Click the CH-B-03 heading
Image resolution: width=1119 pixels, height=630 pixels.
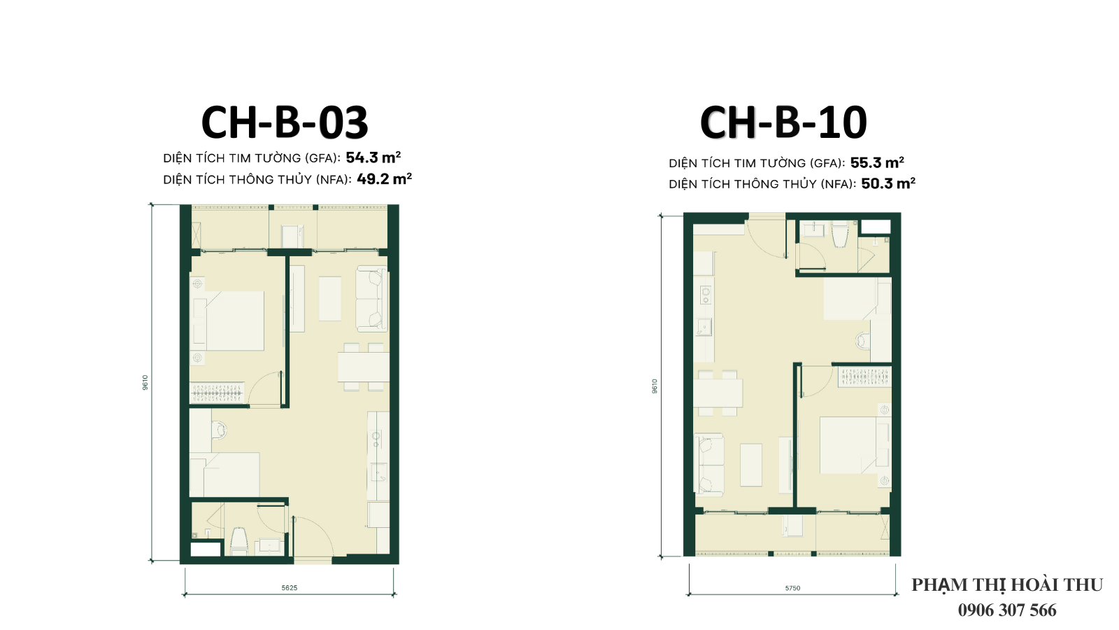click(285, 122)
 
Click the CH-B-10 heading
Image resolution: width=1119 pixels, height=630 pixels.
click(783, 122)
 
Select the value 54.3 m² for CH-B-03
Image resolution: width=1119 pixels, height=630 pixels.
click(373, 157)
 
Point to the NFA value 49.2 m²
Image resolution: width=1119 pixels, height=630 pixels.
click(384, 178)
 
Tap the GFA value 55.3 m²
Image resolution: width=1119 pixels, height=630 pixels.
click(877, 162)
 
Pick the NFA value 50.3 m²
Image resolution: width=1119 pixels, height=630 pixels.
click(888, 183)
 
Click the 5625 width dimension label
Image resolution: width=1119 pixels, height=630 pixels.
click(290, 587)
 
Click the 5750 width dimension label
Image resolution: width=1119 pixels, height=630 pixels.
click(792, 588)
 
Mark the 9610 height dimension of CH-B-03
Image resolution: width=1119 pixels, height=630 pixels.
click(145, 382)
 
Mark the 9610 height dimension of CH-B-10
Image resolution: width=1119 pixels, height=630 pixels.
click(655, 386)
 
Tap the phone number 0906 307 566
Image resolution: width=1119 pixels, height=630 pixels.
click(1007, 610)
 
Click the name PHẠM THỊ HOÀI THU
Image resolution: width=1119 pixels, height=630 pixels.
click(1007, 585)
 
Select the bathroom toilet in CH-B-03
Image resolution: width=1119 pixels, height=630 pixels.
click(238, 540)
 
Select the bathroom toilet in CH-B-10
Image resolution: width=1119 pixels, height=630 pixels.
click(840, 234)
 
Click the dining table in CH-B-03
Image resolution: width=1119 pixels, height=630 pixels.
click(364, 367)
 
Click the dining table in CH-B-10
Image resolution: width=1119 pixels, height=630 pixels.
click(718, 393)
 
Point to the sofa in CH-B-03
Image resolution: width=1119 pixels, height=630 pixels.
click(371, 299)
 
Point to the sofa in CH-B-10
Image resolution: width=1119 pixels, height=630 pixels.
click(709, 465)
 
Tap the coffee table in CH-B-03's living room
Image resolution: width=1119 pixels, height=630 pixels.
click(329, 299)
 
